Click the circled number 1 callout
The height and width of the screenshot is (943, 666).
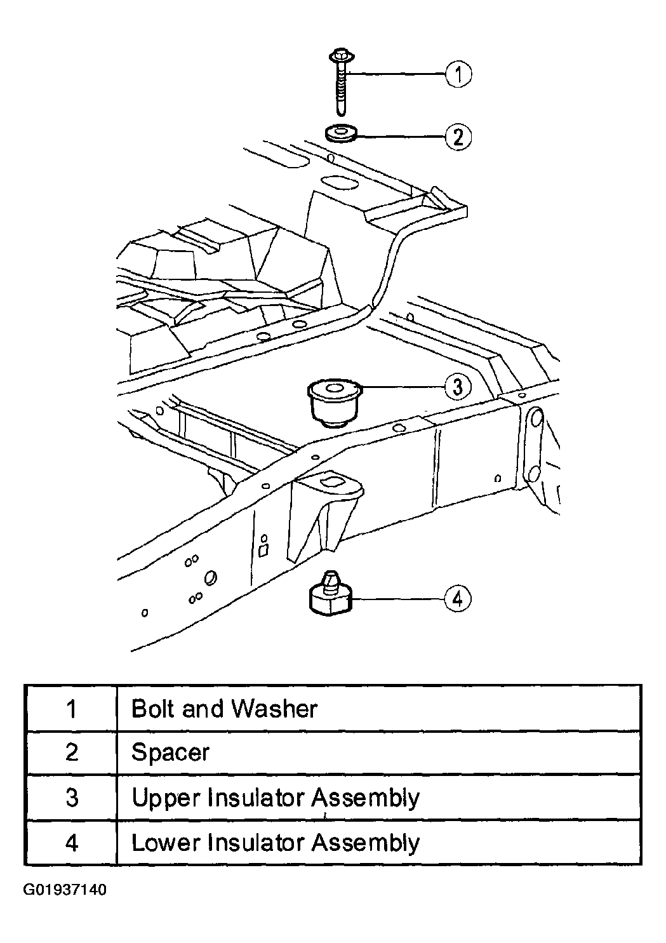tap(458, 74)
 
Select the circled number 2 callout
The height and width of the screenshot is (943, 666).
tap(458, 137)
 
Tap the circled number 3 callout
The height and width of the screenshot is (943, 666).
tap(458, 387)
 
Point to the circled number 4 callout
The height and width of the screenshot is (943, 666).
tap(458, 599)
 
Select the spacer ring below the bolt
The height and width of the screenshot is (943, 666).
tap(340, 134)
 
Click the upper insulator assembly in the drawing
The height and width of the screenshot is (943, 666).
tap(334, 403)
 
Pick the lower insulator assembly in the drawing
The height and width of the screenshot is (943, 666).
tap(330, 593)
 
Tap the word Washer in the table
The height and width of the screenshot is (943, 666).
tap(274, 709)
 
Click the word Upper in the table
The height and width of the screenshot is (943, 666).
tap(166, 798)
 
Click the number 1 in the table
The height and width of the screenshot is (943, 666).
tap(72, 709)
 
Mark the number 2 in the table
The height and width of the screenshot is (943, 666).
tap(72, 752)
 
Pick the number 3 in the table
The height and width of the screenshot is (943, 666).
tap(72, 797)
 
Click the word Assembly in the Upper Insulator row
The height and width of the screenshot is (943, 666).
tap(366, 798)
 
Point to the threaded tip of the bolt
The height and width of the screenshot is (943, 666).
tap(340, 110)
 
